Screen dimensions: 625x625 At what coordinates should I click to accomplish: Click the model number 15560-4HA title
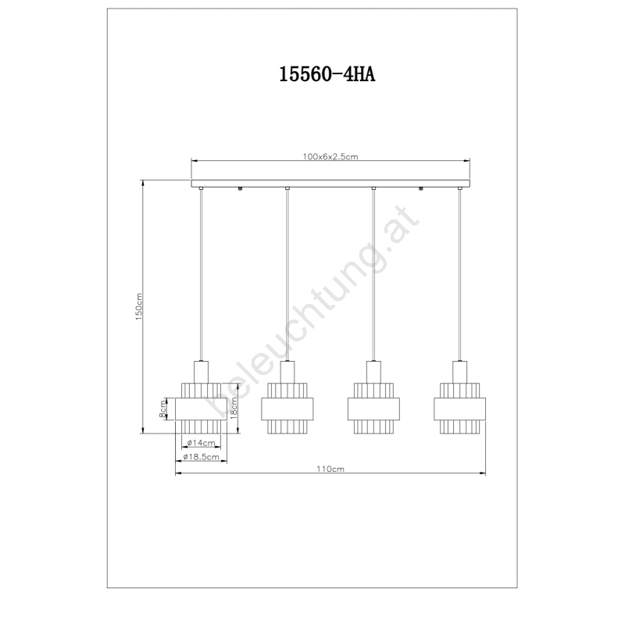pyautogui.click(x=327, y=74)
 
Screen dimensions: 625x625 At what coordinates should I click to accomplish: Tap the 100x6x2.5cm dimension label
pyautogui.click(x=330, y=157)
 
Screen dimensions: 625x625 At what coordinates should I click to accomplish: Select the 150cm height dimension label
pyautogui.click(x=138, y=307)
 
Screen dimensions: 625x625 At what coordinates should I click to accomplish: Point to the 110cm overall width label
pyautogui.click(x=330, y=469)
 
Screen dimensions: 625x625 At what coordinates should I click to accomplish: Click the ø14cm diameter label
pyautogui.click(x=201, y=442)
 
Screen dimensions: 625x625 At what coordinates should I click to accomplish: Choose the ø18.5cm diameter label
pyautogui.click(x=201, y=457)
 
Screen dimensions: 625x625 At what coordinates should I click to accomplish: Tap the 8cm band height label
pyautogui.click(x=162, y=409)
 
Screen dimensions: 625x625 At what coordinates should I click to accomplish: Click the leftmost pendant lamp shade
pyautogui.click(x=201, y=409)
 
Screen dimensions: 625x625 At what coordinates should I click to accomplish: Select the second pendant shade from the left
pyautogui.click(x=287, y=409)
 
